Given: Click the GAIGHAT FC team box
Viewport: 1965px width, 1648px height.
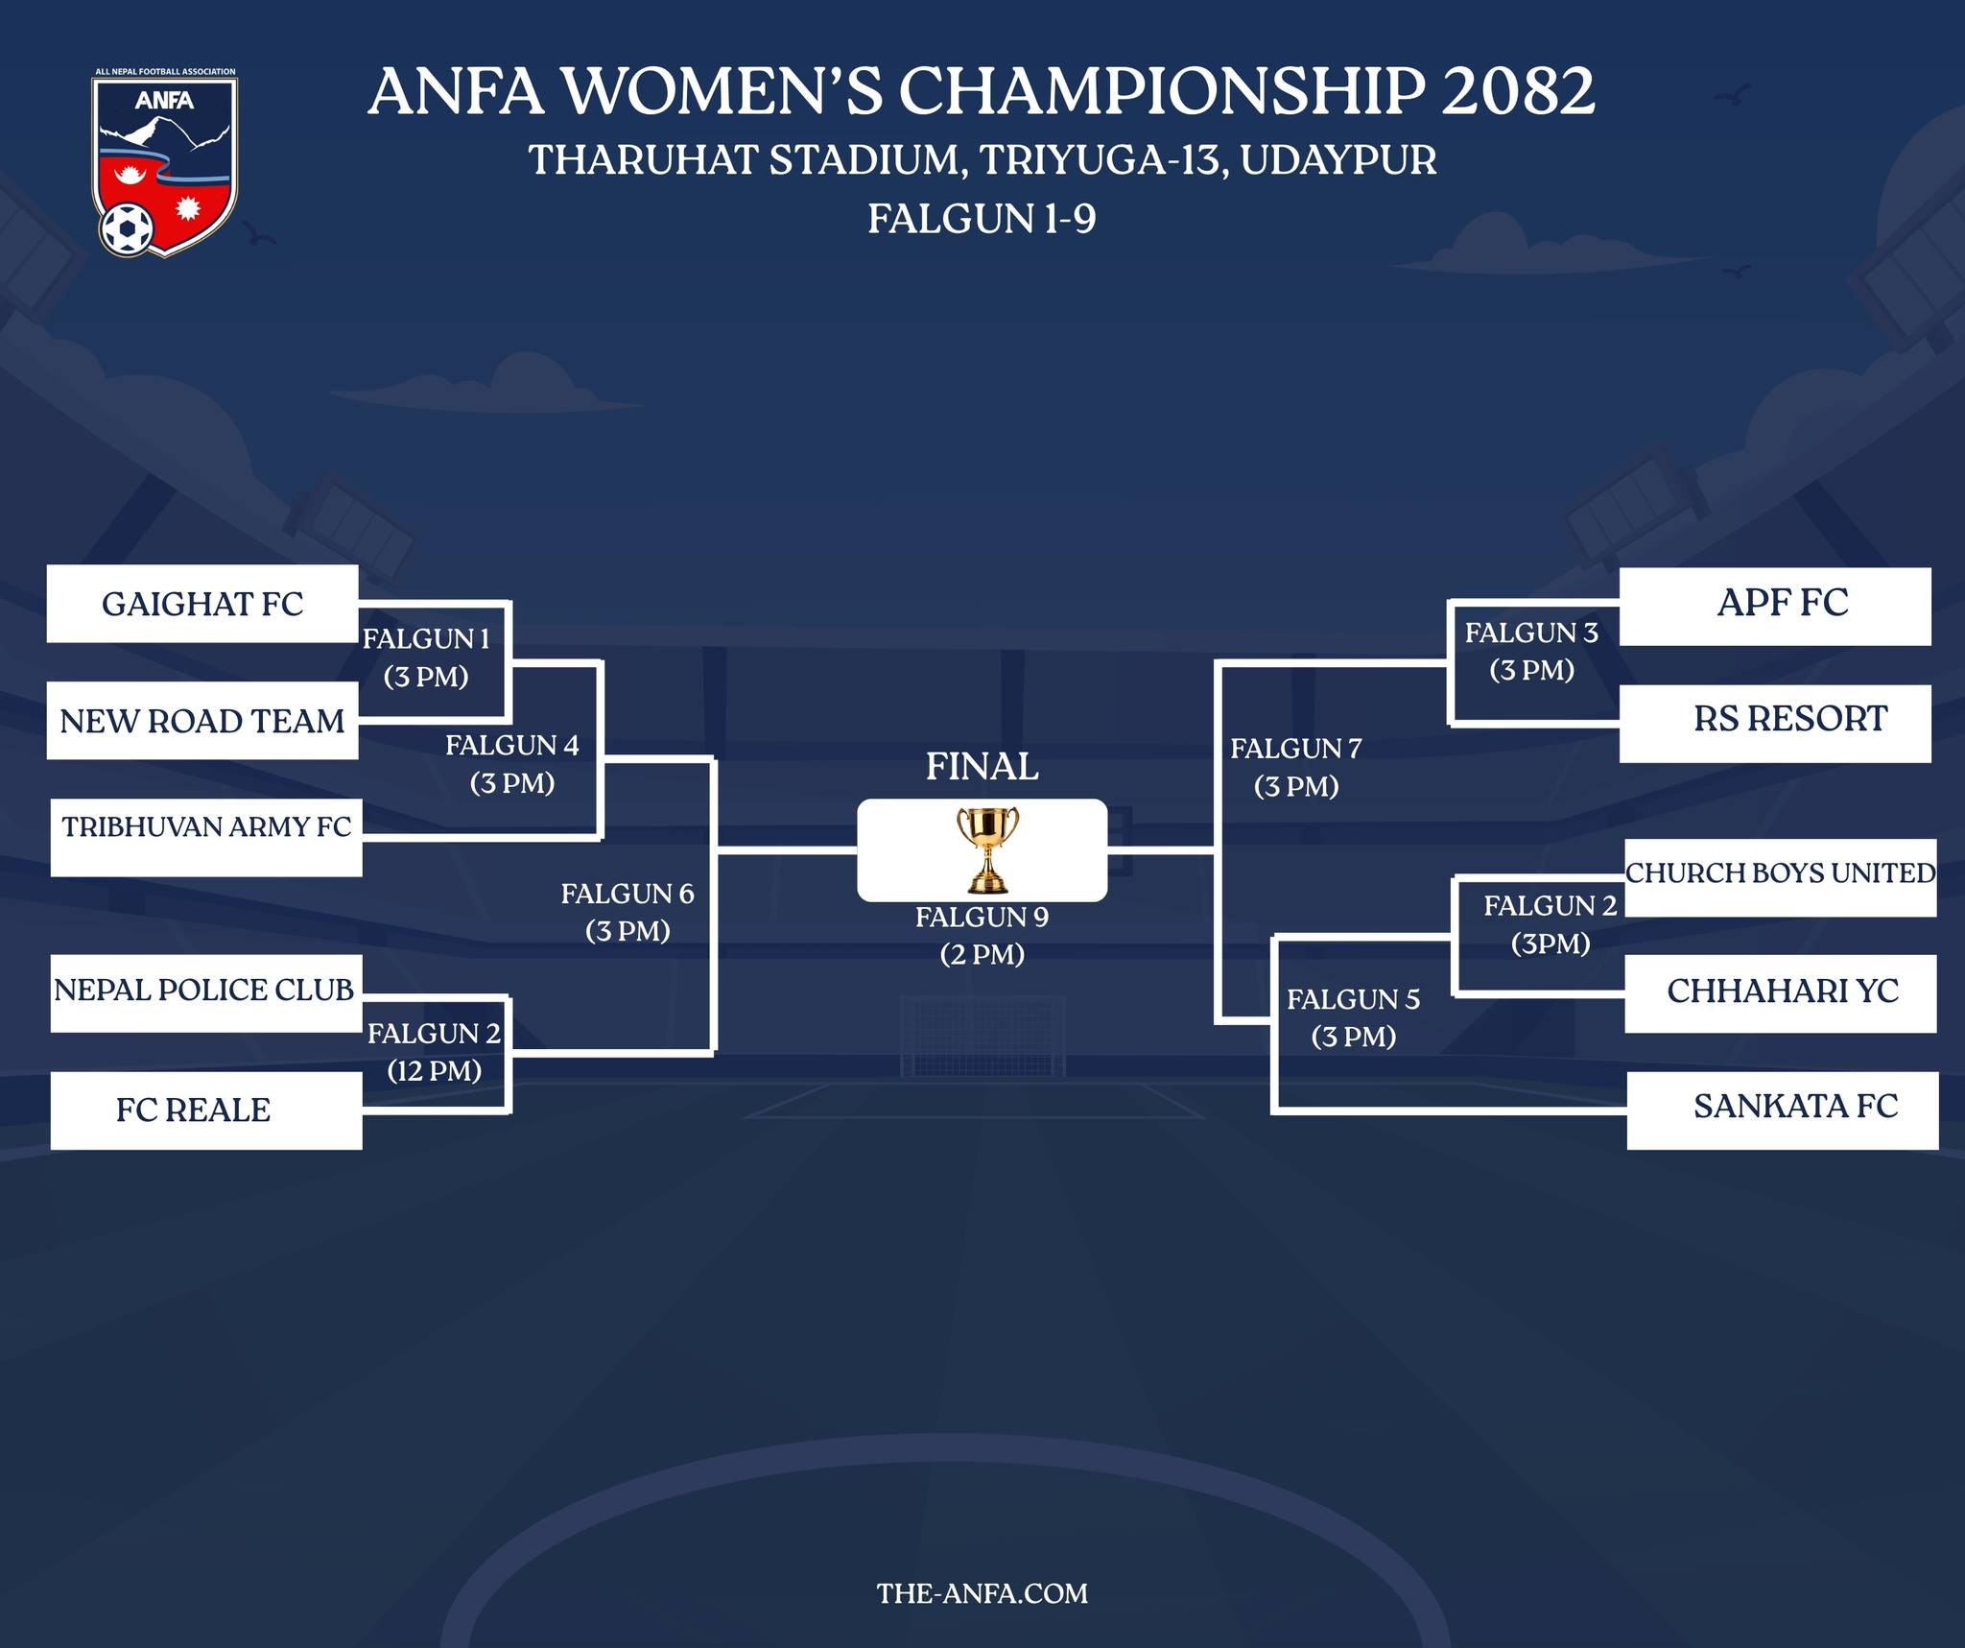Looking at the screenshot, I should point(202,604).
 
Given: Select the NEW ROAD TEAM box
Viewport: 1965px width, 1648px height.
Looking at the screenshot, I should point(202,721).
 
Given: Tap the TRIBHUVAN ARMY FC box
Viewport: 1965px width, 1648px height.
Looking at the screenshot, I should point(206,837).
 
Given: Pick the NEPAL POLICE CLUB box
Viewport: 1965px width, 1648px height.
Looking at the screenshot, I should point(205,992).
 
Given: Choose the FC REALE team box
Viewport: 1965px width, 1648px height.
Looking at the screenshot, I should point(205,1111).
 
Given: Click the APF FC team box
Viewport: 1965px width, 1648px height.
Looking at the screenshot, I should point(1775,606).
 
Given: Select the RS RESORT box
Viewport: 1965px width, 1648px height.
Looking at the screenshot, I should point(1775,723).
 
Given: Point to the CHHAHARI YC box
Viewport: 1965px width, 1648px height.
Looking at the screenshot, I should point(1780,993).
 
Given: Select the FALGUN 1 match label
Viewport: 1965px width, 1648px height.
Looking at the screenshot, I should point(426,657).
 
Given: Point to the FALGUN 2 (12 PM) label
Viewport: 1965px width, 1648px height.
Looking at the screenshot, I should point(434,1052).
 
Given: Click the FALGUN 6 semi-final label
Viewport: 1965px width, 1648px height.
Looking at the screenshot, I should point(627,912).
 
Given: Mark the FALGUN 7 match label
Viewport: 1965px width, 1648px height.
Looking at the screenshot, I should point(1296,767).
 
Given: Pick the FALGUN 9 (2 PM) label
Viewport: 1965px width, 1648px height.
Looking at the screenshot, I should point(982,936).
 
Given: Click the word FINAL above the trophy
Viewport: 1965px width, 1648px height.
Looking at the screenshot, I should point(982,766).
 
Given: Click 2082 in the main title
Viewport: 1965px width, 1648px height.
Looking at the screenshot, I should point(1518,92).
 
